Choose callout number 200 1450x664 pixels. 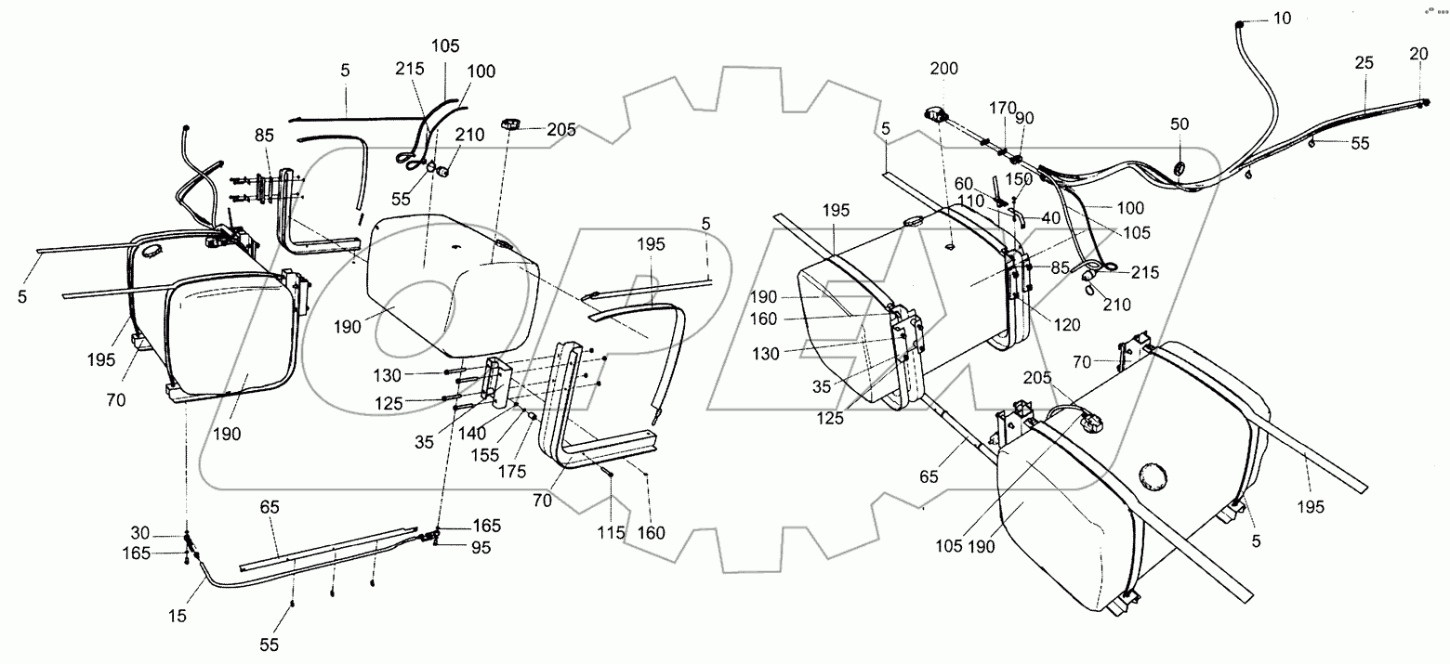coord(944,69)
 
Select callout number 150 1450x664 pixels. coord(1020,178)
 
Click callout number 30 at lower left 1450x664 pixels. coord(138,532)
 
